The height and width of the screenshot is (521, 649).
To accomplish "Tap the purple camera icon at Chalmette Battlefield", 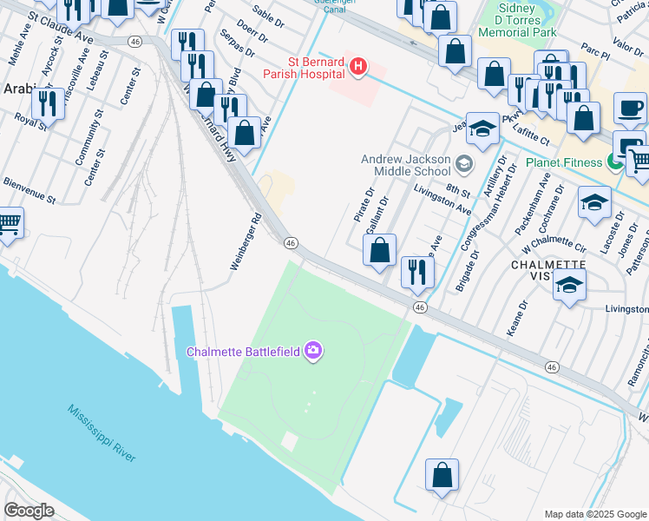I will [312, 351].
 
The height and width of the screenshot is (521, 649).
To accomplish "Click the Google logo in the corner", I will [29, 510].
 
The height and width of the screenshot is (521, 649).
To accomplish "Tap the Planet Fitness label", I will [568, 162].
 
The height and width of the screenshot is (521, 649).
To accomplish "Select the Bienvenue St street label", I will [29, 192].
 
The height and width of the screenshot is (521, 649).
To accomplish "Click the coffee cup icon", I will [630, 109].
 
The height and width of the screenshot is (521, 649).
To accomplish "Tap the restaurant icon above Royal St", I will [48, 103].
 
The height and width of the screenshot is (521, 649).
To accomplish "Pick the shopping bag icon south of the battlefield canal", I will [442, 476].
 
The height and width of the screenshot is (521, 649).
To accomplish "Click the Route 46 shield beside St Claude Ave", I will [134, 42].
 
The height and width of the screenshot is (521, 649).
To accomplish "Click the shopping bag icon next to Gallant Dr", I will [379, 251].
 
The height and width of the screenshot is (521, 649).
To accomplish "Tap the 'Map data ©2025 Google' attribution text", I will [594, 514].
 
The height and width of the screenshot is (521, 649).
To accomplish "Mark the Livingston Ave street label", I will [442, 199].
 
